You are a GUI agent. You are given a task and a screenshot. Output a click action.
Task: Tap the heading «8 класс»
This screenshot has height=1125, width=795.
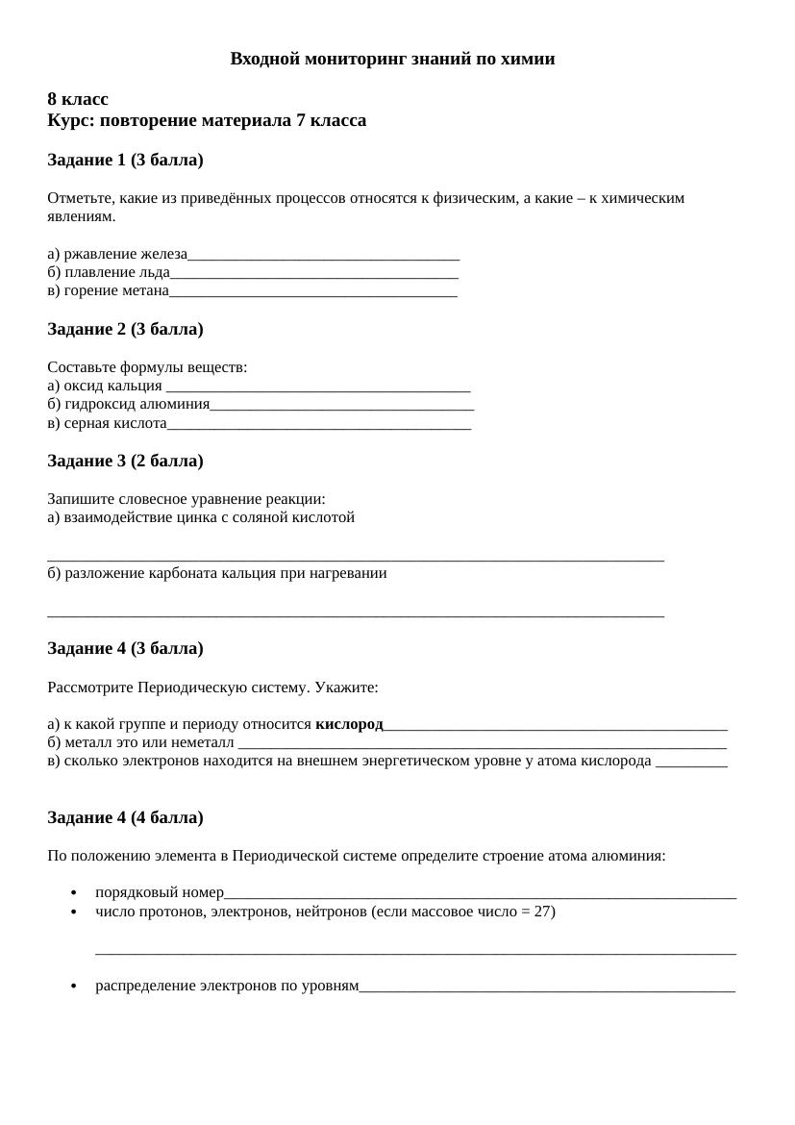[x=78, y=99]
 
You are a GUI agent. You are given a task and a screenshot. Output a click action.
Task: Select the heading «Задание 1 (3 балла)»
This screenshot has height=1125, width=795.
[x=125, y=160]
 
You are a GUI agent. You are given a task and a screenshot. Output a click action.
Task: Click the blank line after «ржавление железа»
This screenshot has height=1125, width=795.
[x=324, y=257]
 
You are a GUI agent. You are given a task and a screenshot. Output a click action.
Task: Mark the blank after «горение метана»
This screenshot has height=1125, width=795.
[x=313, y=292]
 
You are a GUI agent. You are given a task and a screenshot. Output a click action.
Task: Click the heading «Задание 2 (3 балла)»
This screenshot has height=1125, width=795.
[x=125, y=329]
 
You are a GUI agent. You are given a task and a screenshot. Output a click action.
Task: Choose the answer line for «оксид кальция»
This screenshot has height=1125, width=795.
[x=318, y=387]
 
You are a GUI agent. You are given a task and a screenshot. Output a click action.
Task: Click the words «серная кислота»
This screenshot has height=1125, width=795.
[x=115, y=423]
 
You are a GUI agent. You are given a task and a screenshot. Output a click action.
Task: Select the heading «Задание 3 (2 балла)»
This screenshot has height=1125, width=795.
[x=125, y=461]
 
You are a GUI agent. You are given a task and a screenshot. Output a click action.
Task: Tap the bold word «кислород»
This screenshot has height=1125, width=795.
[x=349, y=724]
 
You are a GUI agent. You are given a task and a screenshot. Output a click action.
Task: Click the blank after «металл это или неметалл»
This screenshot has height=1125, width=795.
[x=482, y=744]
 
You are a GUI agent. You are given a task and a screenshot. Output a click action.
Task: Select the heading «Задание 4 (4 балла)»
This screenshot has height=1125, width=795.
[x=125, y=817]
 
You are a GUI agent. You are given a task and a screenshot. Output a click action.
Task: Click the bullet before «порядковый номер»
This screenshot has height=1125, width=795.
[x=74, y=893]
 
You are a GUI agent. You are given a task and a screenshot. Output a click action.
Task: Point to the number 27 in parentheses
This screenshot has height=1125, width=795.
[x=542, y=912]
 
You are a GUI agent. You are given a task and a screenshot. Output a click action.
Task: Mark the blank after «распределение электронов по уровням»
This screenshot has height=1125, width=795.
[x=547, y=987]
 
